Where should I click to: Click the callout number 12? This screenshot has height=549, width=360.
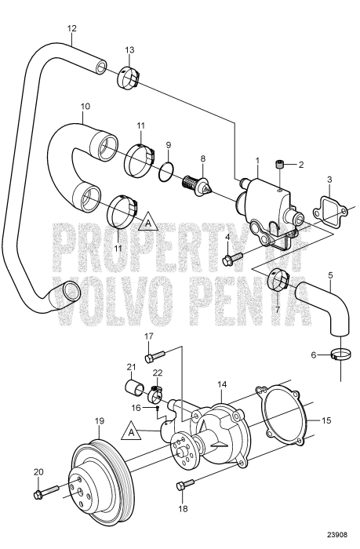[x=71, y=28]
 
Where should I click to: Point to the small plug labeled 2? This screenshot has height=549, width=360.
[x=280, y=164]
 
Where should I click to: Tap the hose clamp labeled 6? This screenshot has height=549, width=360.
[x=340, y=355]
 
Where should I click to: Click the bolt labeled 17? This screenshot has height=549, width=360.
[x=155, y=356]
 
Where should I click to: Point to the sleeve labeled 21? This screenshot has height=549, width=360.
[x=134, y=387]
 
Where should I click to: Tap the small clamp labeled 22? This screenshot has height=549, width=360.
[x=155, y=394]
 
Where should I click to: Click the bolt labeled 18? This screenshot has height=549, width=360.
[x=185, y=485]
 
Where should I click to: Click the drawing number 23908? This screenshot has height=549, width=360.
[x=337, y=535]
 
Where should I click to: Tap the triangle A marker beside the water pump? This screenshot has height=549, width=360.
[x=131, y=431]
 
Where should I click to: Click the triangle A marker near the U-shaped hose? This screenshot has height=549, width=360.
[x=148, y=221]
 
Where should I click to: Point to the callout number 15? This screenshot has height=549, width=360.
[x=326, y=420]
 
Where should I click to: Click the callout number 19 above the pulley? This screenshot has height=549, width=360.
[x=100, y=420]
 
